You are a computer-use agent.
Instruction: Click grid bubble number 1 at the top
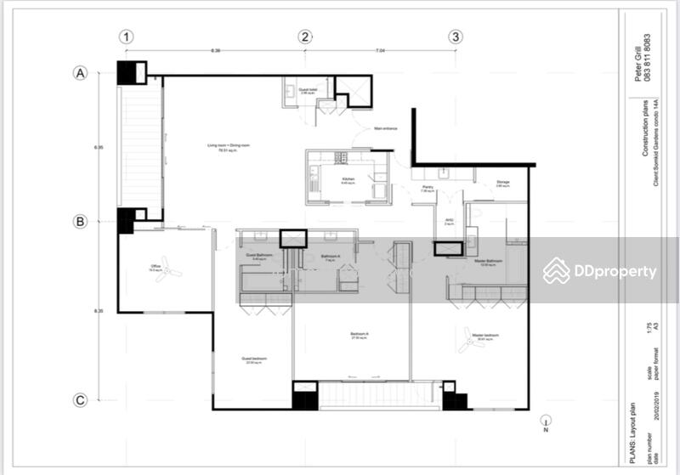[x=127, y=37]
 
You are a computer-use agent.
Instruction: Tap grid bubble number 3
[x=456, y=37]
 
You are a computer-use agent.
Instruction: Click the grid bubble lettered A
[x=81, y=73]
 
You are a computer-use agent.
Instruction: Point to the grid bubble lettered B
[x=81, y=222]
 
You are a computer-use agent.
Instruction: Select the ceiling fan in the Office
[x=170, y=272]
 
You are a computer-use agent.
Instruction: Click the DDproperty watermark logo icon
[x=557, y=271]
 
